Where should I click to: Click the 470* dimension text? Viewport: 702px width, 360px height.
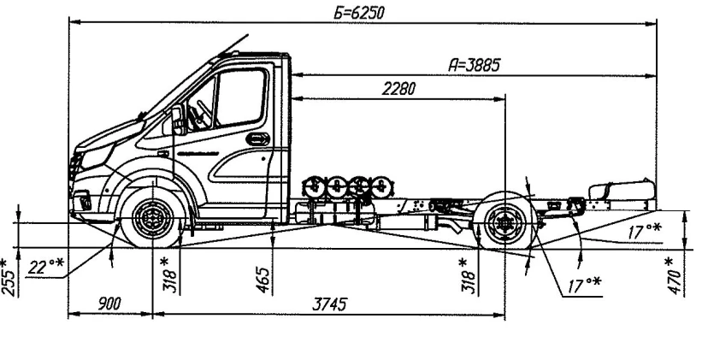(x=675, y=271)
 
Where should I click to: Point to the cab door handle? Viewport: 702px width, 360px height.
(x=254, y=139)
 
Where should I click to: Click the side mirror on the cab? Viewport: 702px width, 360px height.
(x=177, y=120)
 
